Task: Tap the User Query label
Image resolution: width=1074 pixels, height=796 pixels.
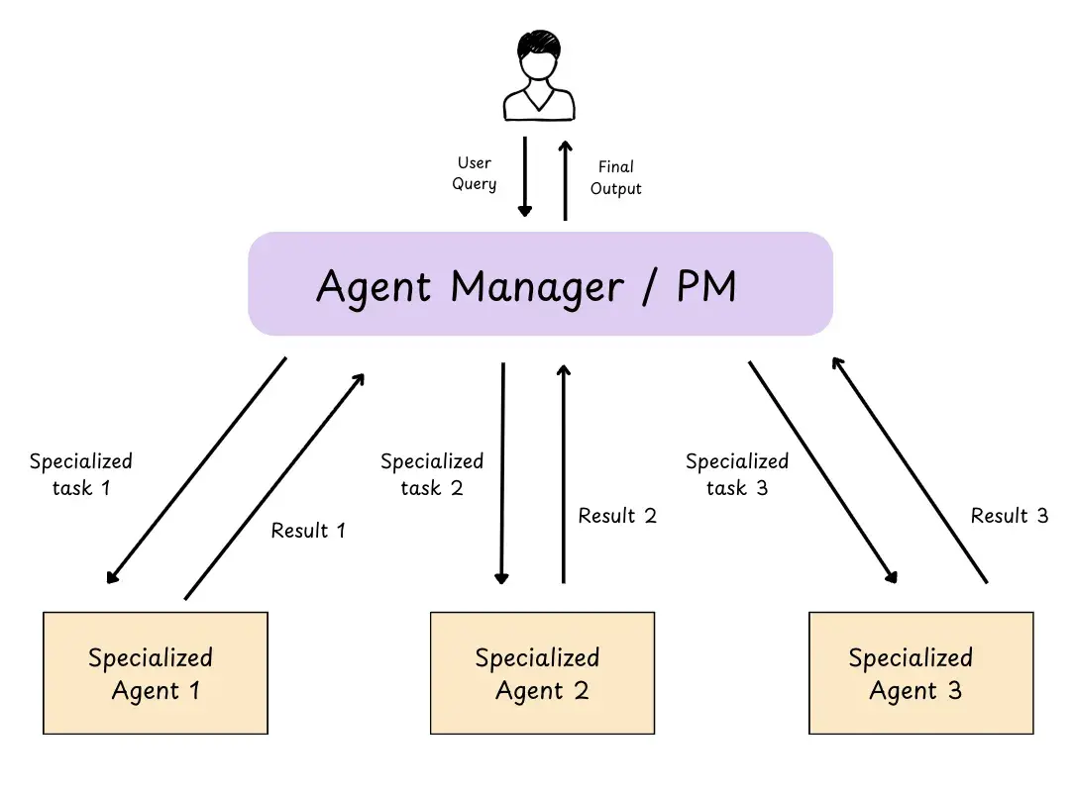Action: (x=475, y=173)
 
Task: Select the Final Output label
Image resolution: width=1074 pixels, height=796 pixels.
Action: (x=615, y=177)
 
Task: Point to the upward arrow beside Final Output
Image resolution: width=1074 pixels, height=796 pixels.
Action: (x=566, y=179)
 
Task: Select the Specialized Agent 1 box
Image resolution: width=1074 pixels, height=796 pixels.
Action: (x=156, y=673)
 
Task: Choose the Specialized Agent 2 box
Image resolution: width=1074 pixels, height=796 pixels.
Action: (x=542, y=673)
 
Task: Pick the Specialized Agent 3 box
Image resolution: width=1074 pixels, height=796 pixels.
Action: (x=920, y=673)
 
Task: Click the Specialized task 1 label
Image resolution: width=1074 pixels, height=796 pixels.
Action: (x=80, y=474)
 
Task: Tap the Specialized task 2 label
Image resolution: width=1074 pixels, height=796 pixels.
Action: (x=432, y=474)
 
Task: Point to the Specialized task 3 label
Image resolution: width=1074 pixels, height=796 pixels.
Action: (x=737, y=474)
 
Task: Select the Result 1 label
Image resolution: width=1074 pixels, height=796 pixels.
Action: (x=308, y=531)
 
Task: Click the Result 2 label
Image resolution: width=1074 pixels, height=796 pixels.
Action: (x=617, y=516)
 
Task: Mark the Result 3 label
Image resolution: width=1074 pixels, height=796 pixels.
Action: (x=1009, y=516)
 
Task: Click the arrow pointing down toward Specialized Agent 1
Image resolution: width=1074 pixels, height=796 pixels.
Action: (x=196, y=470)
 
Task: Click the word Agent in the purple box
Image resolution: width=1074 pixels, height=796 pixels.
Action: (x=374, y=287)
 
